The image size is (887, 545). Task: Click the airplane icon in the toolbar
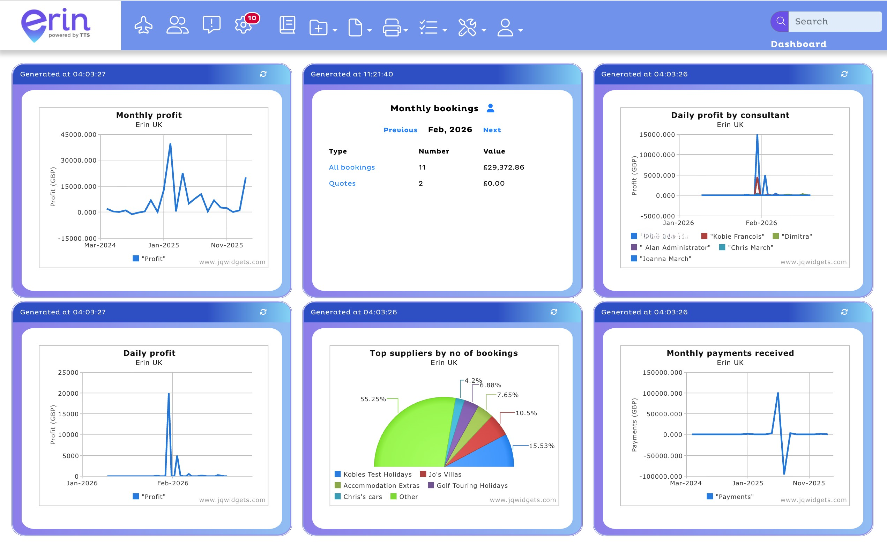pos(143,25)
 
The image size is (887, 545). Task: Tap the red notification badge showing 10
pos(252,18)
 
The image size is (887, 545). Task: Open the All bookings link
pos(351,167)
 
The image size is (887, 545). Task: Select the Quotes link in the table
pos(342,183)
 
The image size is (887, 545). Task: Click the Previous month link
pos(400,130)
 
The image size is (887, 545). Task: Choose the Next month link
pos(492,130)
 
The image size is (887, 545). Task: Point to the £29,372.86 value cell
pos(504,167)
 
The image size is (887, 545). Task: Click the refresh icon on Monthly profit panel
pos(263,74)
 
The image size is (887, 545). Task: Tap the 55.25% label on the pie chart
pos(373,399)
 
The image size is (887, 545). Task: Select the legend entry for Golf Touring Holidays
pos(471,486)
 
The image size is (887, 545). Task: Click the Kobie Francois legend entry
pos(737,237)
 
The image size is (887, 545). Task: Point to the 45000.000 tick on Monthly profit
pos(78,134)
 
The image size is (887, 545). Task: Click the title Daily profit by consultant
pos(730,115)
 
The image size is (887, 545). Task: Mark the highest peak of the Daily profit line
pos(169,394)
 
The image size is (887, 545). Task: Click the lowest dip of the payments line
pos(784,473)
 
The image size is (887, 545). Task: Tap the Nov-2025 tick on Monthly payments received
pos(808,483)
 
